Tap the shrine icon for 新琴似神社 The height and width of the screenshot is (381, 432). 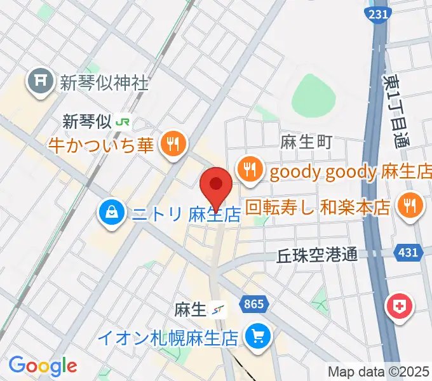coord(39,82)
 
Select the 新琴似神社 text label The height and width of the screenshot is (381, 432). coord(104,82)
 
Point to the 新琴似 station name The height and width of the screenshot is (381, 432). coord(86,120)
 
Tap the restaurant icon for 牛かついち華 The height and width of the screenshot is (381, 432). coord(172,144)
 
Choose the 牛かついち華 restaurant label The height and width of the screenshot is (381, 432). coord(100,145)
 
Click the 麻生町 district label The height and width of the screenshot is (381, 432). coord(306,142)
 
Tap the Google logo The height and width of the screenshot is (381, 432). coord(43,366)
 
